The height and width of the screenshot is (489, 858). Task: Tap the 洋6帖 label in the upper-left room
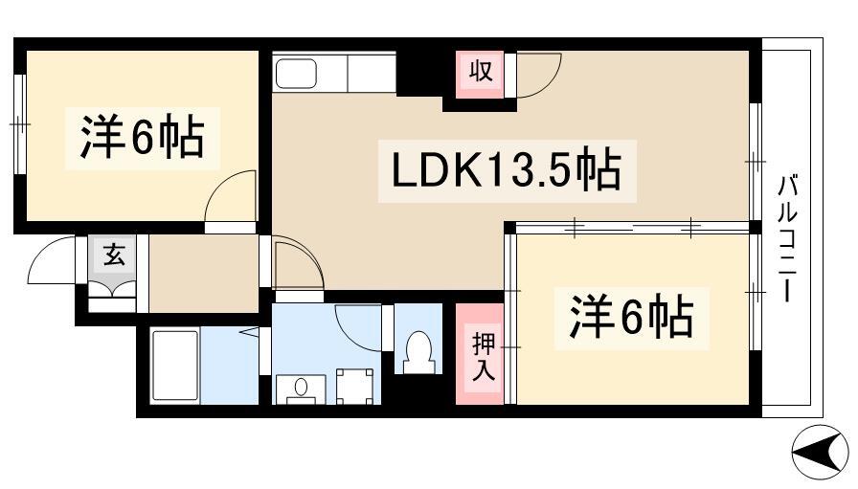click(x=143, y=137)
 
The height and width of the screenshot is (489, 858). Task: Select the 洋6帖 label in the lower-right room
click(x=631, y=318)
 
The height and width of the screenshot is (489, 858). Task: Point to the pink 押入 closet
click(x=480, y=354)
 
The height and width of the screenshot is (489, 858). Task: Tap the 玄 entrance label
click(x=114, y=256)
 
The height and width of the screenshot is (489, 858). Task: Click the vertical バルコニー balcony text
click(x=787, y=238)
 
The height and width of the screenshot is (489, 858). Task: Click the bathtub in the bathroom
click(x=174, y=366)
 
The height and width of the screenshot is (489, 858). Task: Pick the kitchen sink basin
click(x=296, y=74)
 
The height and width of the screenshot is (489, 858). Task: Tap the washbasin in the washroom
click(x=301, y=389)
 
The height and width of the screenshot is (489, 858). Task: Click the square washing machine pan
click(x=354, y=387)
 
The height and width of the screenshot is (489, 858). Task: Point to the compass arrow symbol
click(x=820, y=452)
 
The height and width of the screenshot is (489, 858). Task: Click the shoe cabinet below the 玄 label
click(x=112, y=297)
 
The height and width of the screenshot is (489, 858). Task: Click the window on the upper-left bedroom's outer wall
click(x=20, y=124)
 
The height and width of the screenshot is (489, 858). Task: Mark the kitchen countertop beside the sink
click(x=371, y=73)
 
